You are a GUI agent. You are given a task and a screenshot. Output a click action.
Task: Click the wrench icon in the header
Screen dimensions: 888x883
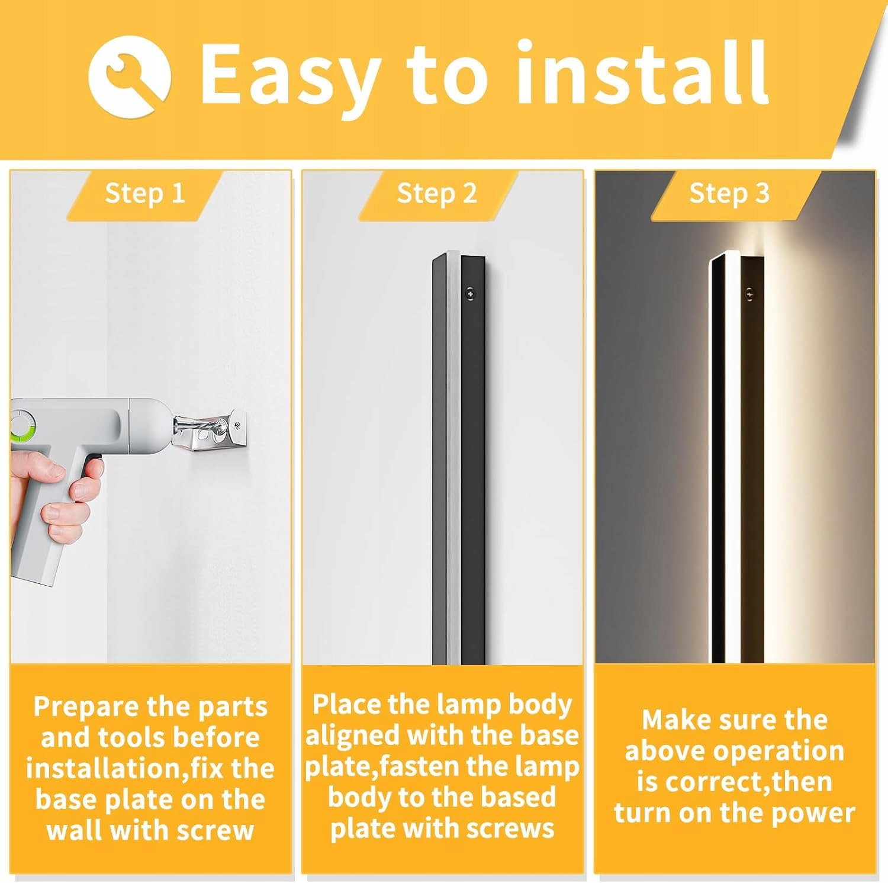coord(130,75)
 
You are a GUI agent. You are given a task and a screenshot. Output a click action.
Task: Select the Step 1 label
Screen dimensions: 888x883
coord(145,193)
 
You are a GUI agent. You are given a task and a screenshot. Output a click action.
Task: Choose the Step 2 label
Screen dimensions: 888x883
coord(437,193)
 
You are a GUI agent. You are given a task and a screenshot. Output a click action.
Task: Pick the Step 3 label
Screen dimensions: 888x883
coord(729,193)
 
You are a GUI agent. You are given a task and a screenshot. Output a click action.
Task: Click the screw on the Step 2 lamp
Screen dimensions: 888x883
coord(470,293)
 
